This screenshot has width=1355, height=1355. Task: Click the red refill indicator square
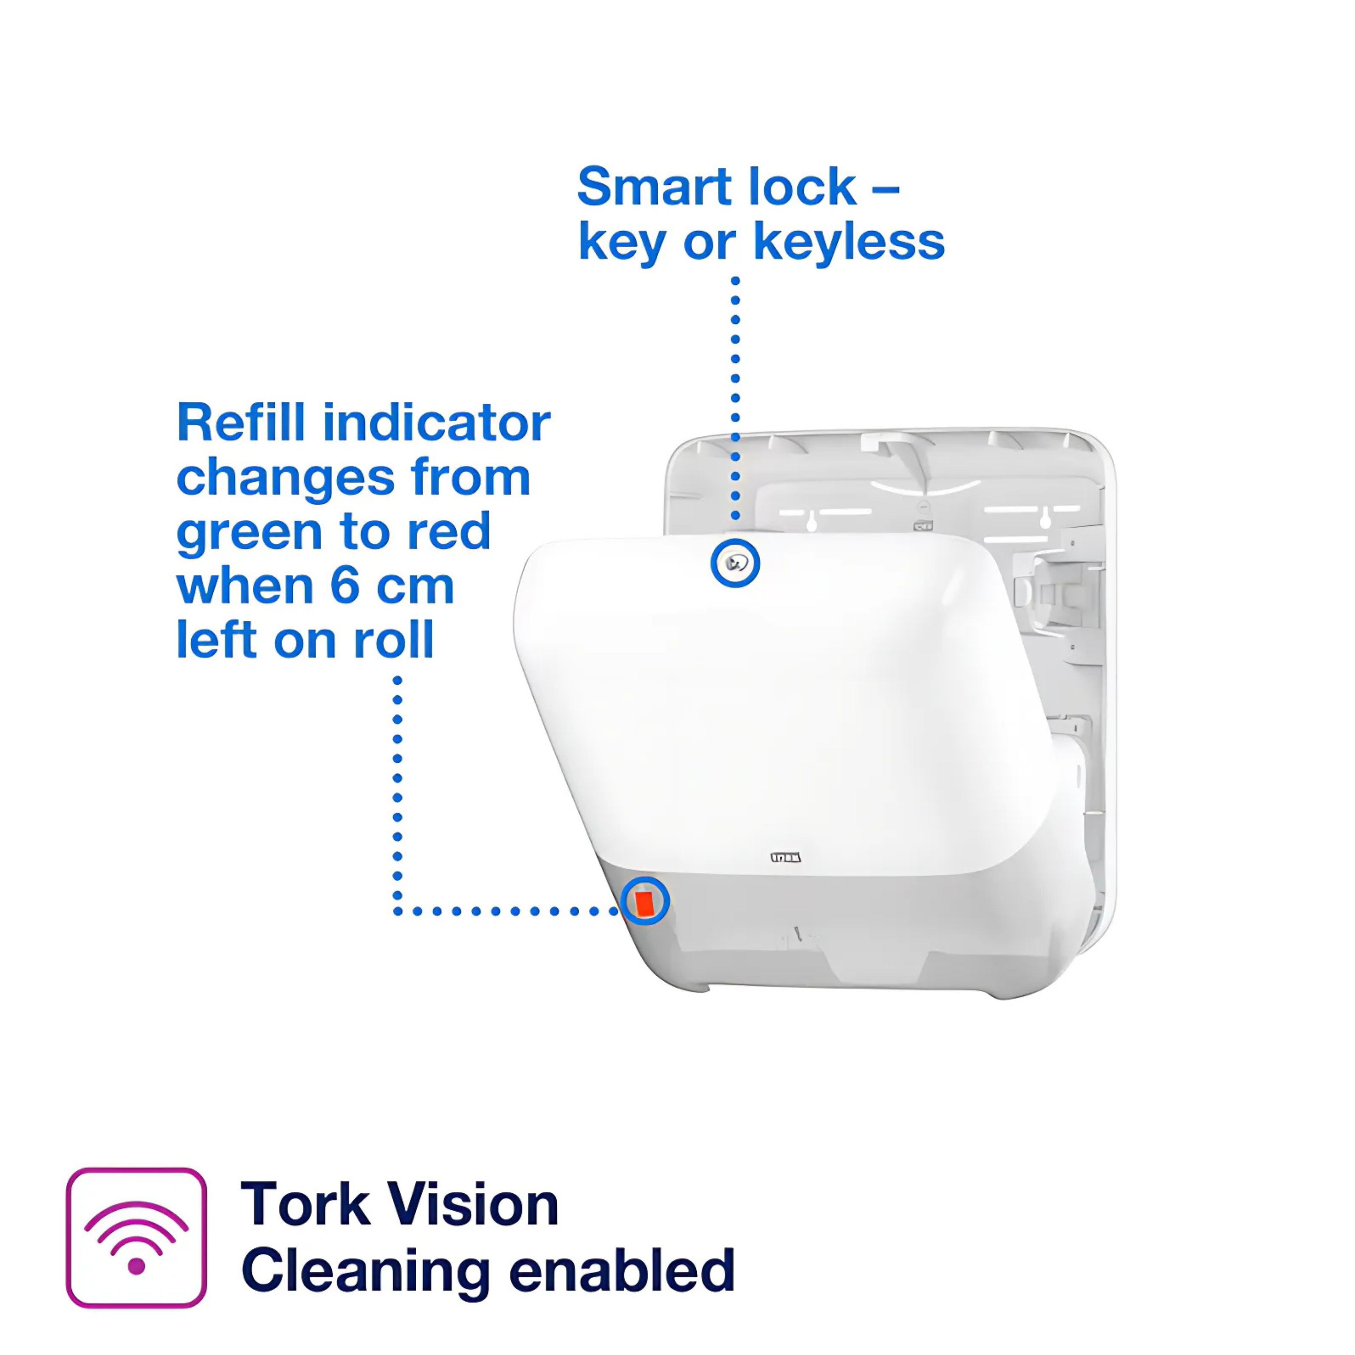point(644,902)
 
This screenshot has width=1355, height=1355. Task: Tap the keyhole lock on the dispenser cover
point(735,562)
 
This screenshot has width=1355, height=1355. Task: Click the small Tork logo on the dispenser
point(786,857)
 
